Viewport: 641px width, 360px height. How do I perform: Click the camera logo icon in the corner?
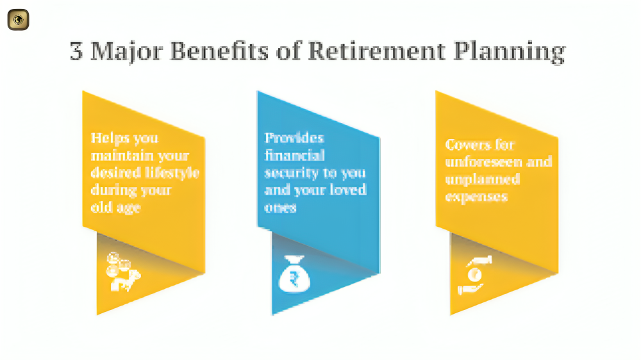click(x=19, y=20)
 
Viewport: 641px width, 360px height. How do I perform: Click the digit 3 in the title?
click(x=76, y=51)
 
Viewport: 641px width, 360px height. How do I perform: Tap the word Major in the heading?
click(x=126, y=53)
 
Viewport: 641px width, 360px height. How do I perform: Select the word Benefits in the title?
click(x=219, y=51)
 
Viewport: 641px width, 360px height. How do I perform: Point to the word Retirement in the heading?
click(x=376, y=51)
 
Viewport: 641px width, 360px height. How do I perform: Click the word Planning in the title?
click(x=510, y=53)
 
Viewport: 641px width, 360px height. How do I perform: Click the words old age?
click(x=115, y=208)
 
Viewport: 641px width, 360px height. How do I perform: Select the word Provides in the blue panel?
click(x=294, y=138)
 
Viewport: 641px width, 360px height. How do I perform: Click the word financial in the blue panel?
click(x=295, y=155)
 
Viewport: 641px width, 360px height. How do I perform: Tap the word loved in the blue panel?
click(x=348, y=190)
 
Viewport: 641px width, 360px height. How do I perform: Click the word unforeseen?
click(x=483, y=162)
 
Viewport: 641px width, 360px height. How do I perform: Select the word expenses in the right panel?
click(x=476, y=197)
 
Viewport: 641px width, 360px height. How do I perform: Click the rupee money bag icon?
click(x=294, y=274)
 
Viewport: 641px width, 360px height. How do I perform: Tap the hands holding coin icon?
click(x=474, y=275)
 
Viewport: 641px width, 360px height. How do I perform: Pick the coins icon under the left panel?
click(x=123, y=272)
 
